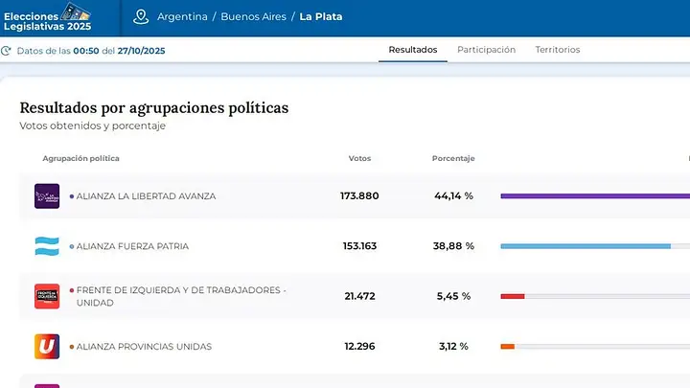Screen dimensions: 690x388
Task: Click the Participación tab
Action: pos(486,50)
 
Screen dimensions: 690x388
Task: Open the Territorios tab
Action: pos(558,50)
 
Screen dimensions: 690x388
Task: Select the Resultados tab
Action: pos(413,50)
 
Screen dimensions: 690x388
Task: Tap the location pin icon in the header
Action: pos(141,17)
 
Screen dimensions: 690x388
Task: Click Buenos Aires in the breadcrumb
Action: pos(253,16)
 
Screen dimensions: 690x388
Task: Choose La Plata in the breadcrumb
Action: pos(321,16)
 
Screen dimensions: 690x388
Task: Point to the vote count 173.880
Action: pos(359,195)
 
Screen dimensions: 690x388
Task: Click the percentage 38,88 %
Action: pos(453,246)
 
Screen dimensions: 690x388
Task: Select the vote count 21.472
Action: pos(359,296)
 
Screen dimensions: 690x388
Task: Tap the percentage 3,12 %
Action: pos(453,346)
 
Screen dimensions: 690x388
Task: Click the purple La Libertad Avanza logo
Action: pos(47,196)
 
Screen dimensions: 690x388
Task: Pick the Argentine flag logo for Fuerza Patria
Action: pos(47,246)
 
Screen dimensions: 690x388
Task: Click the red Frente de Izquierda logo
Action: pos(47,296)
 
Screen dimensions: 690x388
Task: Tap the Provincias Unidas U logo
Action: pos(47,346)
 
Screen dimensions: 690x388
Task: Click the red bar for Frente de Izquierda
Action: pos(513,296)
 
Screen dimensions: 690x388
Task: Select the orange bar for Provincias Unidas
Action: pos(507,347)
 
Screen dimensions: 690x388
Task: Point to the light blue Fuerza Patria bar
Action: pos(586,246)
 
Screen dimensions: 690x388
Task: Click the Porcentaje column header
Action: pos(453,158)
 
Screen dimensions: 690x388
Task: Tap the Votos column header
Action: pos(359,158)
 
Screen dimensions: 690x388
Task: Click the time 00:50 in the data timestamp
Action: pos(86,51)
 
